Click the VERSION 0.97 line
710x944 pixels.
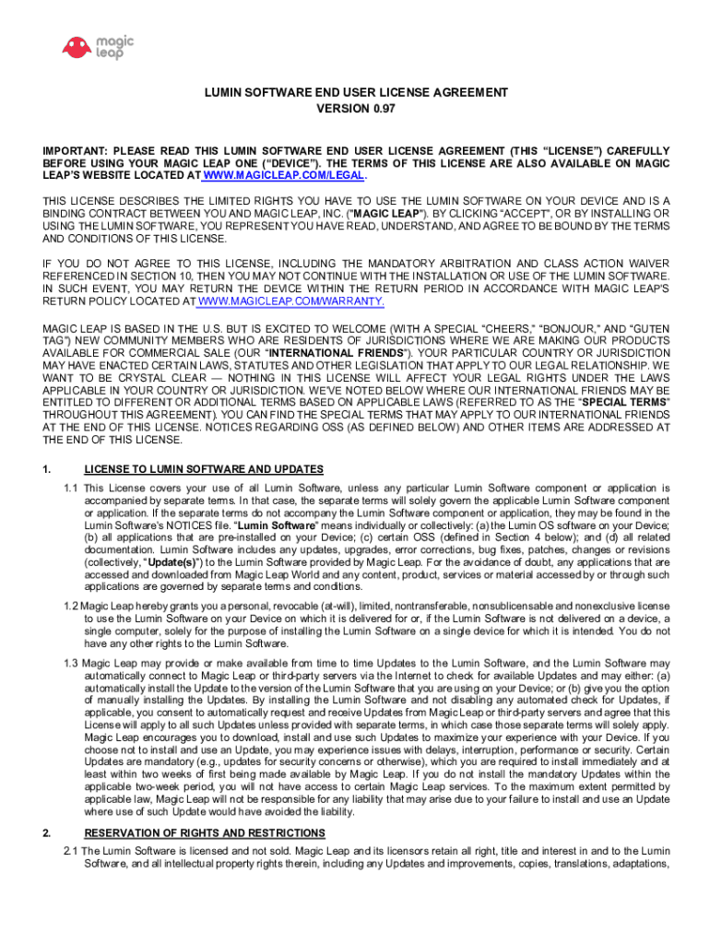click(356, 109)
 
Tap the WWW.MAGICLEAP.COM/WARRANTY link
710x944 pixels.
click(290, 301)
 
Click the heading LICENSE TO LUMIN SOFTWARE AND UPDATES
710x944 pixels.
click(204, 469)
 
